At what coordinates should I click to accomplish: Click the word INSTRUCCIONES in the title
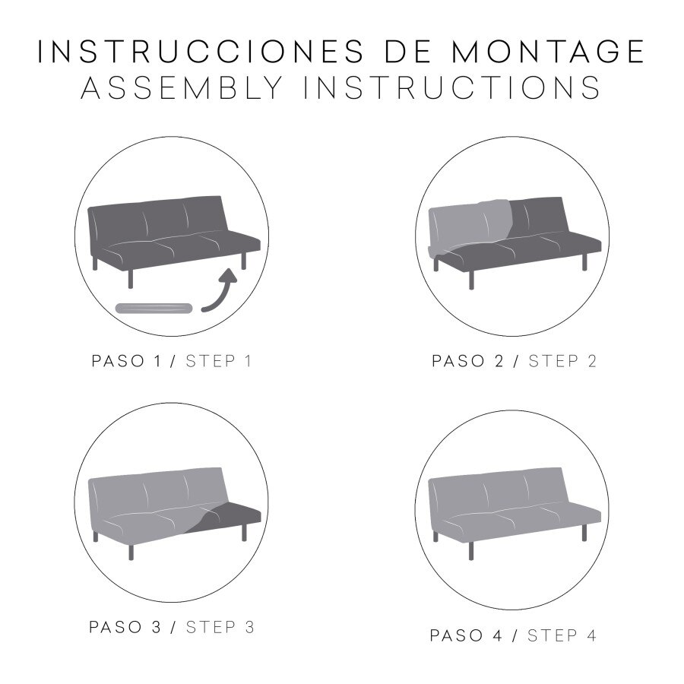pyautogui.click(x=201, y=52)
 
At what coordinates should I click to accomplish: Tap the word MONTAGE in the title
pyautogui.click(x=548, y=52)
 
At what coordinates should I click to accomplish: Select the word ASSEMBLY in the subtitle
pyautogui.click(x=182, y=87)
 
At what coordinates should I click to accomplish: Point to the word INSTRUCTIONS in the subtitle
pyautogui.click(x=452, y=87)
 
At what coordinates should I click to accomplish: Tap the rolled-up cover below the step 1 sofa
pyautogui.click(x=154, y=308)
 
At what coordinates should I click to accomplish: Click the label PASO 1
pyautogui.click(x=126, y=361)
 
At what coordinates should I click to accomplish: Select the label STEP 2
pyautogui.click(x=562, y=361)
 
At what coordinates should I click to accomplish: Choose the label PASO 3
pyautogui.click(x=125, y=627)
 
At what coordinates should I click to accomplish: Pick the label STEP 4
pyautogui.click(x=562, y=635)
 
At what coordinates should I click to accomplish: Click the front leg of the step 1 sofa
pyautogui.click(x=131, y=279)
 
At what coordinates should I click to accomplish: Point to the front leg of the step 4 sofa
pyautogui.click(x=470, y=551)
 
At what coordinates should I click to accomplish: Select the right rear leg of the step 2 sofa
pyautogui.click(x=584, y=261)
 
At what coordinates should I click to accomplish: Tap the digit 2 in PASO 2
pyautogui.click(x=499, y=361)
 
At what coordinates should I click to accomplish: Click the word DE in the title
pyautogui.click(x=407, y=52)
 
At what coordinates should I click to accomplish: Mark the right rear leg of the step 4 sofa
pyautogui.click(x=584, y=533)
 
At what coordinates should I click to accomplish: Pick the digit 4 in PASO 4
pyautogui.click(x=498, y=635)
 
